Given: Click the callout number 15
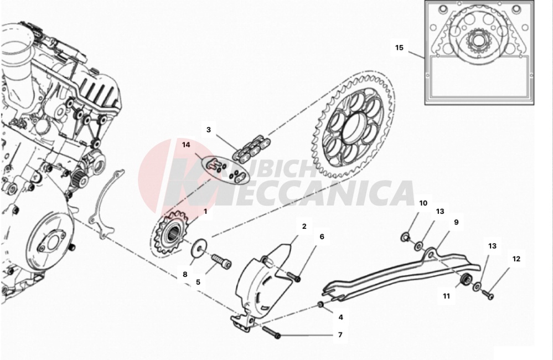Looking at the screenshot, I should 399,48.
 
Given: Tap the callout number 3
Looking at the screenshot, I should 208,130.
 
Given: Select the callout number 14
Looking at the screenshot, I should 186,145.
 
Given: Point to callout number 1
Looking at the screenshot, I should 205,211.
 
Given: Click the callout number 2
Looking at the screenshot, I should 304,227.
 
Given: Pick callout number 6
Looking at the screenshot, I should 322,236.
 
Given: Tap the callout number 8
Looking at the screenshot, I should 185,274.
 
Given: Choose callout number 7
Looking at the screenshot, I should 340,335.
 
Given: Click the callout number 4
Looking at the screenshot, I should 340,317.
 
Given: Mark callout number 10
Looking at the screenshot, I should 423,203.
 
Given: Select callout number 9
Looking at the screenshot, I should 456,222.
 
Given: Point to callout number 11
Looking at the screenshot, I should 446,296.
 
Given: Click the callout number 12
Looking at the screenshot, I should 516,259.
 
